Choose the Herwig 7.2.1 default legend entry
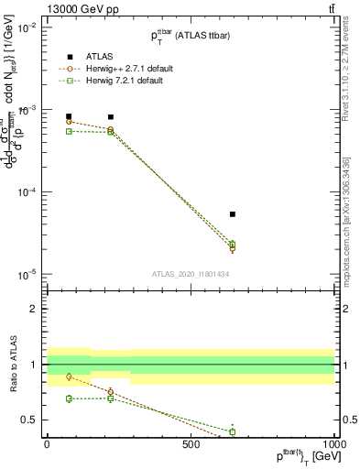(69, 80)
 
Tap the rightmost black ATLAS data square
(233, 214)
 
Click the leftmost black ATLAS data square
(69, 116)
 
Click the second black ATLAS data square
(111, 117)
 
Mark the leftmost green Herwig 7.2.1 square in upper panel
(69, 131)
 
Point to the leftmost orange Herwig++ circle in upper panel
(69, 121)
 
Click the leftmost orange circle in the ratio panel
(69, 376)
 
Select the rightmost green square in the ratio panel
(233, 431)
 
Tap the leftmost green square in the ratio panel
(69, 398)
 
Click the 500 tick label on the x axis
(191, 444)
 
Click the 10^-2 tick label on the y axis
(27, 27)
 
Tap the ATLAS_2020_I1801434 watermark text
(190, 274)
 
